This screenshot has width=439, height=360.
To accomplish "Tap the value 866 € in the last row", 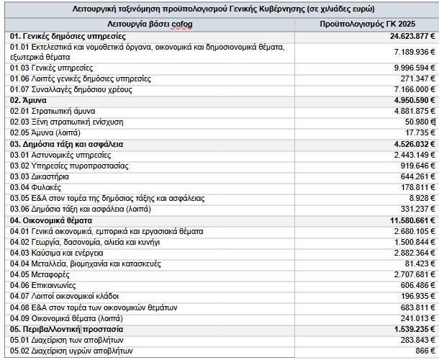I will click(423, 351).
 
